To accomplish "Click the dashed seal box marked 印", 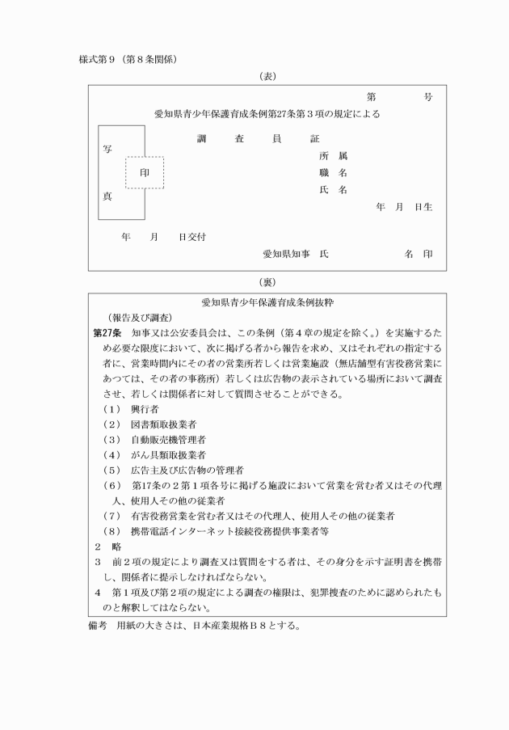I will tap(145, 173).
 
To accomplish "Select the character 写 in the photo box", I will tap(107, 150).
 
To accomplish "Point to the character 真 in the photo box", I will tap(107, 196).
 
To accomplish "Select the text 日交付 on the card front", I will tap(192, 237).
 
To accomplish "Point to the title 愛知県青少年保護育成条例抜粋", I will tap(267, 301).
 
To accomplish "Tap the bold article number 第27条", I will tap(107, 332).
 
